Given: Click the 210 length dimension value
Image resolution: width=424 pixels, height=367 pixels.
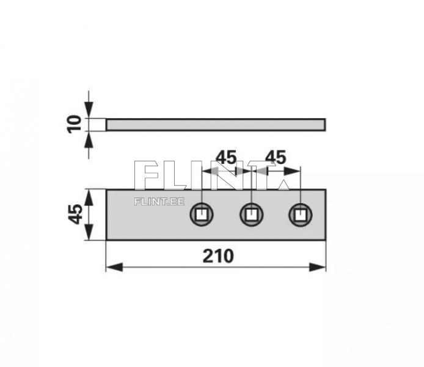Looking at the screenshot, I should click(218, 255).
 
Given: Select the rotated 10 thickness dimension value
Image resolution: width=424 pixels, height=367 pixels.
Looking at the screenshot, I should click(75, 124).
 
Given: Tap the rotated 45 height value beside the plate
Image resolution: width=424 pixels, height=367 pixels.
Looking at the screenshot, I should click(75, 214).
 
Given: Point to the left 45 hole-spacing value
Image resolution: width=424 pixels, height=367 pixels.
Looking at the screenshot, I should click(225, 158).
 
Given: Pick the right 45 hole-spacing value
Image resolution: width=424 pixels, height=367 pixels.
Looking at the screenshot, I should click(276, 158).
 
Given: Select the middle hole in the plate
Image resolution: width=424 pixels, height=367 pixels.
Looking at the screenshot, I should click(250, 215).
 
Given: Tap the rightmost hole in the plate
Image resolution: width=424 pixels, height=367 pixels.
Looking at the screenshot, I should click(299, 215).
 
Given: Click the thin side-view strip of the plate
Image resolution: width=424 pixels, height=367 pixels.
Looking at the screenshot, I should click(216, 125).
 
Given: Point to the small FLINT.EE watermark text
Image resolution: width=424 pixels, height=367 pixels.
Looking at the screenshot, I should click(159, 200).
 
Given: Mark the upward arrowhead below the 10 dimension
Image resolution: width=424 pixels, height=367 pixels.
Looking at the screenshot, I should click(89, 138).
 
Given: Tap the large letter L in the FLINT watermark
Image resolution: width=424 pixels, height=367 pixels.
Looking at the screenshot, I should click(178, 176).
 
